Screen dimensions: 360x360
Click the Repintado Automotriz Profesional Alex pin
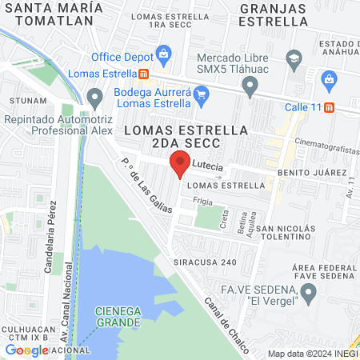coord(95,100)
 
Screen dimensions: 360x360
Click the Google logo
coord(27,350)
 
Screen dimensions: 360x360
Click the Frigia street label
coord(202,203)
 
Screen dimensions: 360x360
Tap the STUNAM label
coord(28,102)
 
